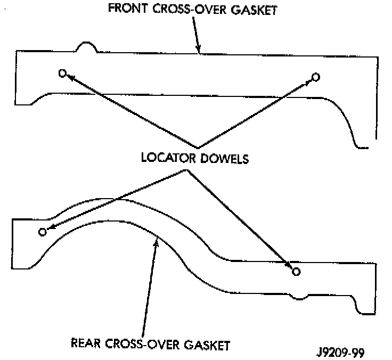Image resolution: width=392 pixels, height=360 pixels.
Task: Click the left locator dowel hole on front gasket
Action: point(62,73)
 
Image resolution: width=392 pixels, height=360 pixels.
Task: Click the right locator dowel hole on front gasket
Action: point(316,77)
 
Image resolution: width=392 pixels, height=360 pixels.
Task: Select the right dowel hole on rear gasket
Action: point(296,272)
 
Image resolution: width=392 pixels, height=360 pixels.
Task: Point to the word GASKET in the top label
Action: point(254,11)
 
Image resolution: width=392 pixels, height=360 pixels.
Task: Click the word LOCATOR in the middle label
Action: point(167,158)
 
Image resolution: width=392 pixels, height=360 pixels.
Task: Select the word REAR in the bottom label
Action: point(87,343)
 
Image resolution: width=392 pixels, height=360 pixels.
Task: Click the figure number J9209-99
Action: point(338,352)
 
